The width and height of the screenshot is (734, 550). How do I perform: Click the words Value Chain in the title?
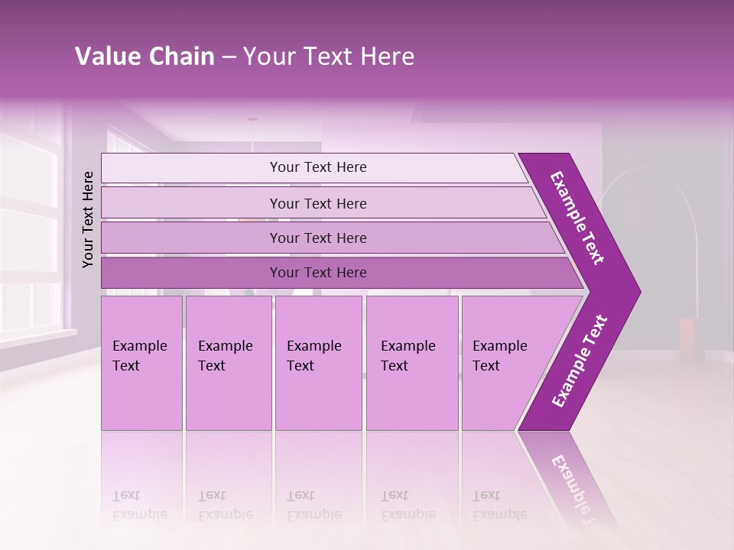pyautogui.click(x=145, y=57)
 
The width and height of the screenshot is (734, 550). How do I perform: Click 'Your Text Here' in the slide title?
pyautogui.click(x=329, y=57)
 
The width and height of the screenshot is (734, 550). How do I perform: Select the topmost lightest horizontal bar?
pyautogui.click(x=317, y=167)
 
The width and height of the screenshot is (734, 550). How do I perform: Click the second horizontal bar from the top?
pyautogui.click(x=317, y=203)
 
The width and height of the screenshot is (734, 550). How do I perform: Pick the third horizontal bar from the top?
pyautogui.click(x=317, y=238)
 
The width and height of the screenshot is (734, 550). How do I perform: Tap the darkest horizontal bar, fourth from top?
pyautogui.click(x=317, y=273)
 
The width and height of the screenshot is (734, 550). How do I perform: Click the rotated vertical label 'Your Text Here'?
pyautogui.click(x=89, y=219)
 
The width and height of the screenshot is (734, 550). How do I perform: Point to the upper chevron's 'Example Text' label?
pyautogui.click(x=577, y=218)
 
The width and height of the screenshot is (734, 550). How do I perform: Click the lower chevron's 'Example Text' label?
pyautogui.click(x=580, y=361)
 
